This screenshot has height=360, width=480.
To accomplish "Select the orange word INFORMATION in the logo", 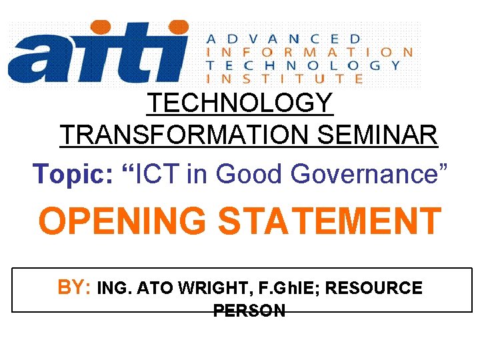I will pos(309,51).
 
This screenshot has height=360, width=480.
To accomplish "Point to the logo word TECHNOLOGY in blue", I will pos(304,65).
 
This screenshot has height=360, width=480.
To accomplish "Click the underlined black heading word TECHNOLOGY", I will pos(240,103).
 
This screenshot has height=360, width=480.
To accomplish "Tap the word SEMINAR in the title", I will pos(377,136).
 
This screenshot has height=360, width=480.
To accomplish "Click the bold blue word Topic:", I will pos(75,174).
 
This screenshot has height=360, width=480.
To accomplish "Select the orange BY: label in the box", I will pos(75,287).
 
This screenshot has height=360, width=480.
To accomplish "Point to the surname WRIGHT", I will pos(201,289).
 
